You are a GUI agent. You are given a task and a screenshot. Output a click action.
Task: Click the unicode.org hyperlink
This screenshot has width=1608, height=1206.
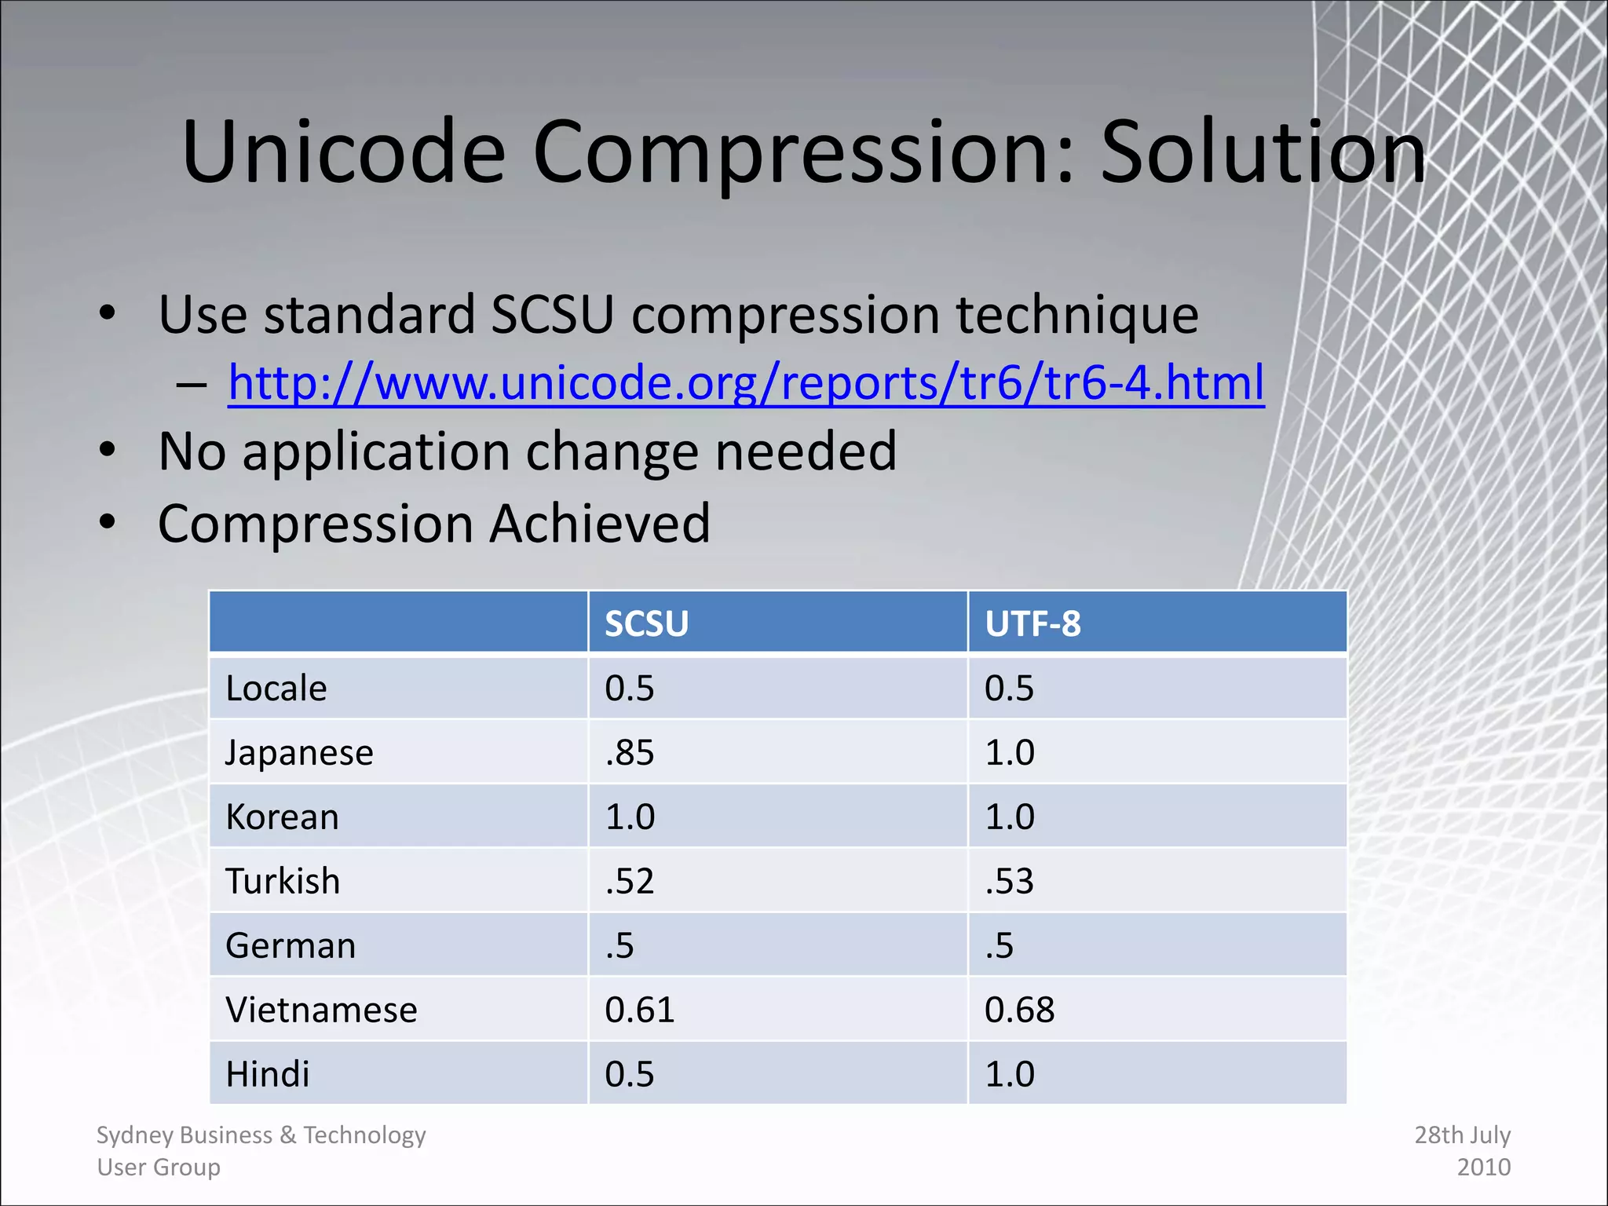746,383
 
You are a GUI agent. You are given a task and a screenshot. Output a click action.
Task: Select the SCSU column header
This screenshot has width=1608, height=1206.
646,624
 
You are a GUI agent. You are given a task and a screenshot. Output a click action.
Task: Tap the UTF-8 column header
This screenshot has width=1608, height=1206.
1032,624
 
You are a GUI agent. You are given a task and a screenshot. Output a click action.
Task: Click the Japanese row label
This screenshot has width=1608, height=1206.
299,753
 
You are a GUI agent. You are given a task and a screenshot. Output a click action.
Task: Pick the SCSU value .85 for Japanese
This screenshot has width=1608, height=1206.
629,753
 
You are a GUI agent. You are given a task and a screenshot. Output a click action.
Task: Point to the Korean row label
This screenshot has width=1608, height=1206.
282,817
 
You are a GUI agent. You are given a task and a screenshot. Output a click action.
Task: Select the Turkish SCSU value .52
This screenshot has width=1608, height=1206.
629,882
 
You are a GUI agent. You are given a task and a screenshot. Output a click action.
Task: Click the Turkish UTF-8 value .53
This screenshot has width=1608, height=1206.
1009,882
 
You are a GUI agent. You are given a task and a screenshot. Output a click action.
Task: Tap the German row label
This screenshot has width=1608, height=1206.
291,946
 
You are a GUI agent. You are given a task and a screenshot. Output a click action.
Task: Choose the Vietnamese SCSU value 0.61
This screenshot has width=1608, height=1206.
639,1010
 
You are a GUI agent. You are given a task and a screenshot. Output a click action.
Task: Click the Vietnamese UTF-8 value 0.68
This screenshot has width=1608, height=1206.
1019,1010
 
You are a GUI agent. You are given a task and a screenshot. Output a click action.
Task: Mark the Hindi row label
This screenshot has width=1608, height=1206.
268,1075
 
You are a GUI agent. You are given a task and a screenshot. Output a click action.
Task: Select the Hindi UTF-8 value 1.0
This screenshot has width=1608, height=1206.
1010,1075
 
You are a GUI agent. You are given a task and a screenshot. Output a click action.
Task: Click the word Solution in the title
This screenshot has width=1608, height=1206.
1263,153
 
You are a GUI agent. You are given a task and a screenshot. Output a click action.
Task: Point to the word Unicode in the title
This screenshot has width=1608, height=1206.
343,153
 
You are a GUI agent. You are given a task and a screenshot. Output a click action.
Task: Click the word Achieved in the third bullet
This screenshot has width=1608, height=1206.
600,524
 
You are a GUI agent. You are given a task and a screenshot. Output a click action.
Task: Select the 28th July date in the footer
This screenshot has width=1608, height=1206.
1462,1135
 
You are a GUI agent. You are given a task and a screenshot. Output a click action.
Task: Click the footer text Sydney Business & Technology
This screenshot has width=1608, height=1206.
261,1135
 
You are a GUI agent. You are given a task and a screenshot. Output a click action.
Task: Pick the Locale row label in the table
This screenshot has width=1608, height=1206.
276,689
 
